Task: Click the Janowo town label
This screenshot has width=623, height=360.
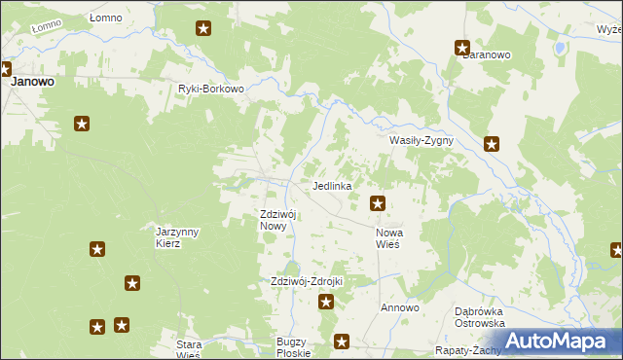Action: pos(32,83)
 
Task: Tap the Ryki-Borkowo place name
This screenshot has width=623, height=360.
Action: pos(210,89)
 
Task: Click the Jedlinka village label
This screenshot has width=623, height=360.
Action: pos(331,185)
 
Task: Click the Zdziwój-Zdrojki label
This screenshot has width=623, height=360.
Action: pos(307,281)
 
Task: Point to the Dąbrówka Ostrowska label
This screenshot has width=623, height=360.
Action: pos(479,317)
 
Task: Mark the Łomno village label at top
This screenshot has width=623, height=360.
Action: pos(105,18)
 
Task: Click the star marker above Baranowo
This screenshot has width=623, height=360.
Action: pos(463,47)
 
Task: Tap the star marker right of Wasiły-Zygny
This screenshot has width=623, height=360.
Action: pos(493,145)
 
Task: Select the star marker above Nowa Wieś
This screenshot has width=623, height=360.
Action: pos(378,203)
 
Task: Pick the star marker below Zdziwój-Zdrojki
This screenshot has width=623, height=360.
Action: pos(327,302)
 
